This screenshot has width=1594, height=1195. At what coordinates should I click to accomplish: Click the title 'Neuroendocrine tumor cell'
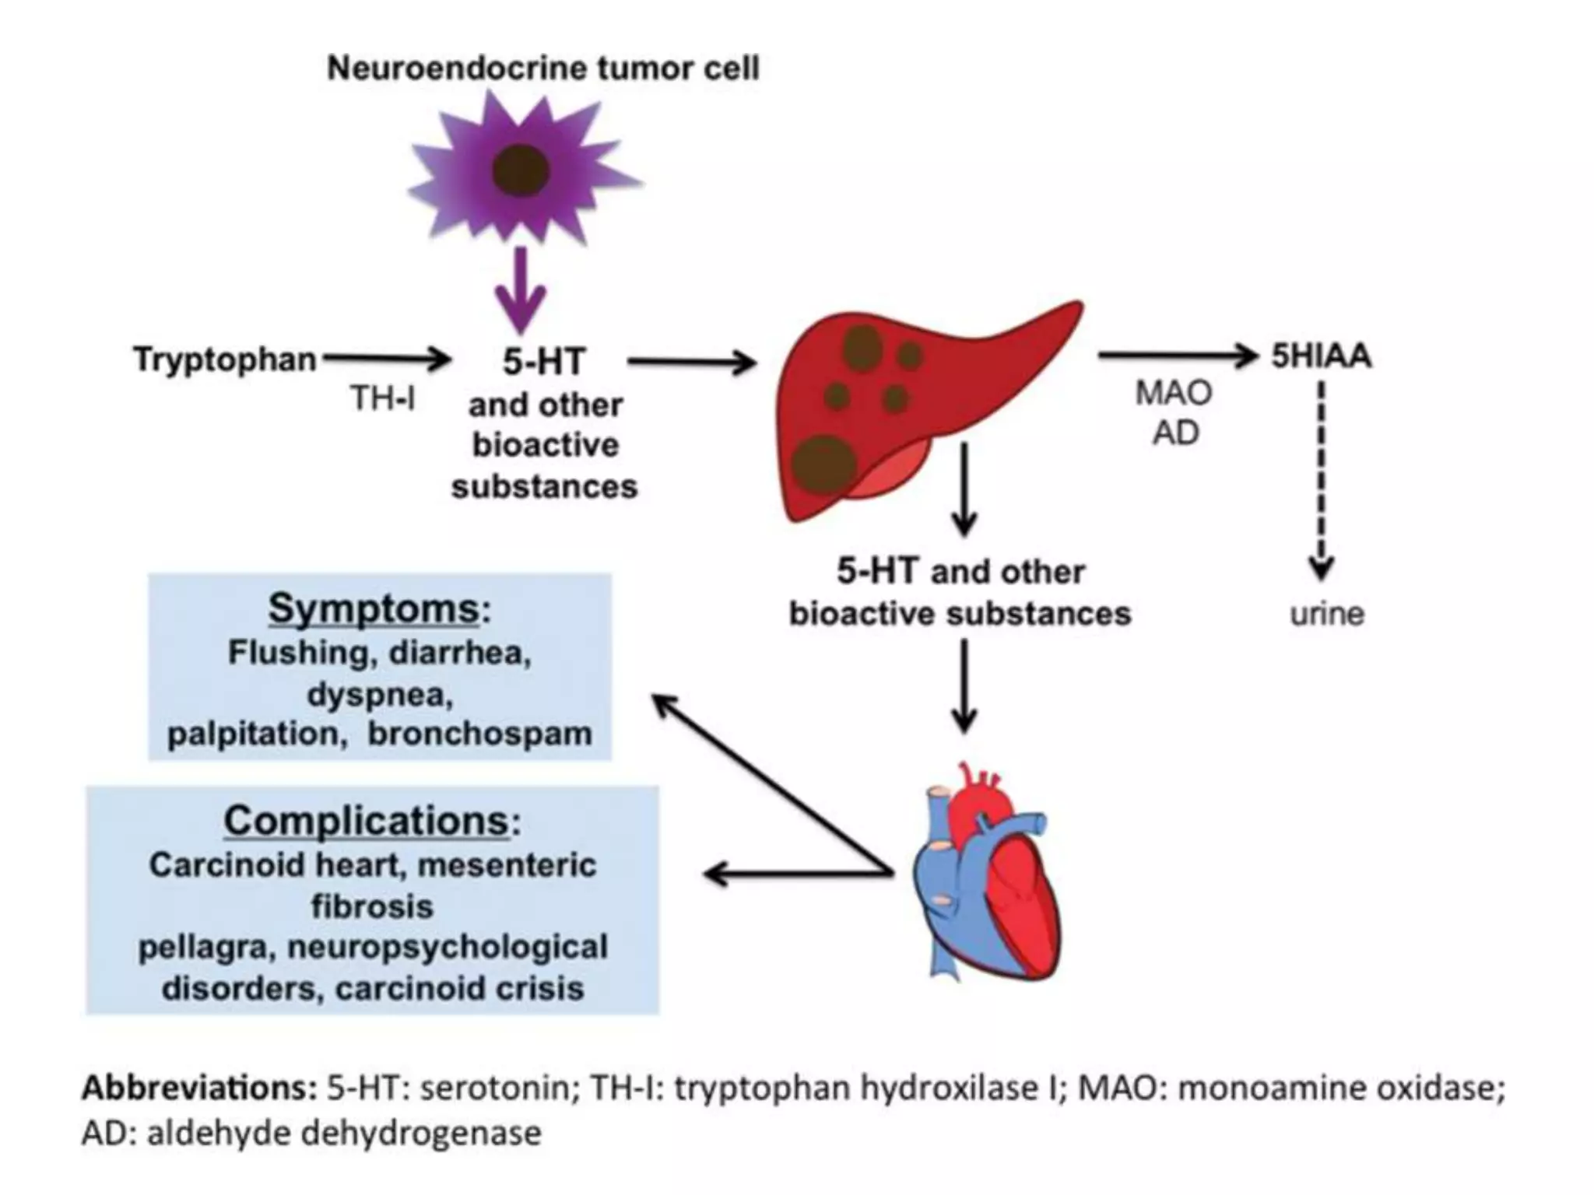click(x=542, y=68)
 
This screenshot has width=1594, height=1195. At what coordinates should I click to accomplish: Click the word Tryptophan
click(x=225, y=359)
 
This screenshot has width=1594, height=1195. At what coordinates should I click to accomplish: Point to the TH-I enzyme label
click(x=382, y=398)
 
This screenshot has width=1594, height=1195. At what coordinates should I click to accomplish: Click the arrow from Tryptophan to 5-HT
click(x=387, y=359)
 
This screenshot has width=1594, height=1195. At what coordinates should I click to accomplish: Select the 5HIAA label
click(x=1321, y=356)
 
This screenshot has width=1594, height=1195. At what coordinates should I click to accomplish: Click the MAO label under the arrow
click(x=1174, y=393)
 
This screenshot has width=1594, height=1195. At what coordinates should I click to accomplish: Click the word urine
click(x=1327, y=614)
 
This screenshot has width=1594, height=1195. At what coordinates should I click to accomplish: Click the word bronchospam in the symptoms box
click(x=479, y=734)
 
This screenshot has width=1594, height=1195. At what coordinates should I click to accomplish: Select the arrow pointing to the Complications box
click(x=794, y=874)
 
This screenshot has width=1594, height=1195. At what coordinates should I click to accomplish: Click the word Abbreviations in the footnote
click(x=198, y=1087)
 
